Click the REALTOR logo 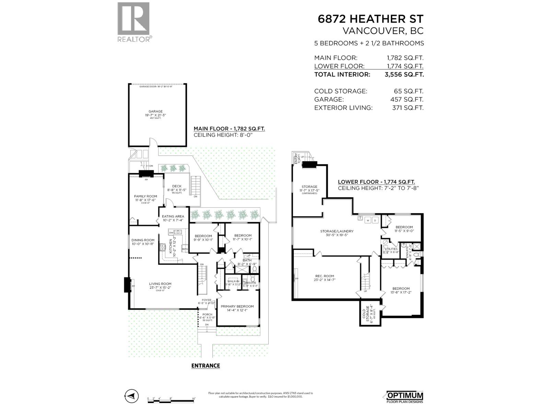133,22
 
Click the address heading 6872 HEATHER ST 371,19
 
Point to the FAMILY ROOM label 145,196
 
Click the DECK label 177,186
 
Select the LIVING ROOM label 160,284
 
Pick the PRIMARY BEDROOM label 237,307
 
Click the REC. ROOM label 325,276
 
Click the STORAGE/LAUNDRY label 337,231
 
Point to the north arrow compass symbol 131,396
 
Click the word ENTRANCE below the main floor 205,366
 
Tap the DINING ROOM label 143,240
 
